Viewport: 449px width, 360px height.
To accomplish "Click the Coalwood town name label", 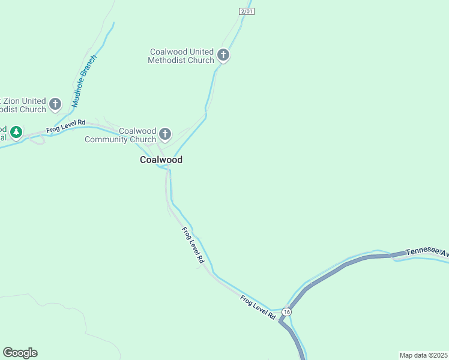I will (x=161, y=160).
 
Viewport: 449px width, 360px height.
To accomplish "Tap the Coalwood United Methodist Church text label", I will (x=181, y=56).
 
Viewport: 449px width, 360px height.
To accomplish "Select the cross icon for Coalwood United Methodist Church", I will (x=223, y=56).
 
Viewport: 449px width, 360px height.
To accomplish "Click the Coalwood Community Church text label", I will (x=120, y=135).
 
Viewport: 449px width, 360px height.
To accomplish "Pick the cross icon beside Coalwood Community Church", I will (x=165, y=133).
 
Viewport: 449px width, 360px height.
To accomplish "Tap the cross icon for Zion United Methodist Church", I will (x=55, y=104).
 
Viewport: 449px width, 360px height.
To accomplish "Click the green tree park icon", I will (x=16, y=131).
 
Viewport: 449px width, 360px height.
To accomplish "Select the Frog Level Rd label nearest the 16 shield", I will (x=258, y=307).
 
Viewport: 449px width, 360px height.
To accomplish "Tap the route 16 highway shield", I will (x=286, y=312).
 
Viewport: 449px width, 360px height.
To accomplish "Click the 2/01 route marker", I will (x=246, y=11).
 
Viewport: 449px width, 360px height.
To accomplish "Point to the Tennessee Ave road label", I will (x=426, y=252).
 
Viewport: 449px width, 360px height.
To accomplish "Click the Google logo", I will (x=20, y=353).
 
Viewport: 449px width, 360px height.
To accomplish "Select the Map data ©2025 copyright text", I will (x=423, y=355).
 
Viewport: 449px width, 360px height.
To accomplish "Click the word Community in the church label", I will (x=106, y=139).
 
